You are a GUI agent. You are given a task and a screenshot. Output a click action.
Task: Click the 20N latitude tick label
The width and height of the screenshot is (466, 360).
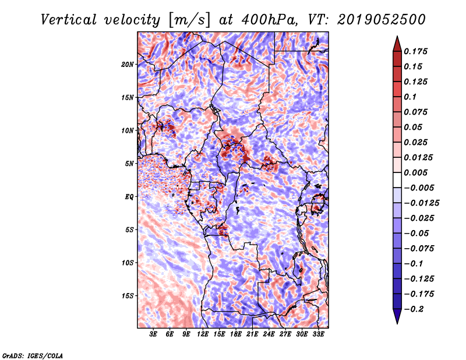tap(128, 65)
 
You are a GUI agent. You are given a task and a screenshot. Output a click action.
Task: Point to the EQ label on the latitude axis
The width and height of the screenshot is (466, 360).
tap(129, 197)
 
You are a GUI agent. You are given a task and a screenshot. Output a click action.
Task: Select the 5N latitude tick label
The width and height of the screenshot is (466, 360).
tap(129, 164)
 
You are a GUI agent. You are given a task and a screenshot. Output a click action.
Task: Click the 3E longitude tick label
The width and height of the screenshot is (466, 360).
tap(153, 334)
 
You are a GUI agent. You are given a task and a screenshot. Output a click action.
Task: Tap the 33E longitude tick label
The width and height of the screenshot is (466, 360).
tap(318, 334)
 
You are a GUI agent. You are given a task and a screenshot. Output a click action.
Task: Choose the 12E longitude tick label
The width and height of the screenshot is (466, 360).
tap(202, 334)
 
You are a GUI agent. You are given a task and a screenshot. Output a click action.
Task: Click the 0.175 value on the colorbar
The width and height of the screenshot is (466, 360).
tap(415, 51)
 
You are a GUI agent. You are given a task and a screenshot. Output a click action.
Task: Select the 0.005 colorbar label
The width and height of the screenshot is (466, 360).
tap(415, 172)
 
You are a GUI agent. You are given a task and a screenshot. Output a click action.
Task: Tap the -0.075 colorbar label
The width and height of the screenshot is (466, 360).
tap(419, 249)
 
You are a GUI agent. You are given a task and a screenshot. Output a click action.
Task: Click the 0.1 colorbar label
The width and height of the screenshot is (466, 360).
tap(410, 97)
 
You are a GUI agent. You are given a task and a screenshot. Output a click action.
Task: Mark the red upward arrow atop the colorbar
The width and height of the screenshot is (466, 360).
tap(397, 44)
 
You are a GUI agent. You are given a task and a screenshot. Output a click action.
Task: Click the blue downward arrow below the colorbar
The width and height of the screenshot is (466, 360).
tap(397, 316)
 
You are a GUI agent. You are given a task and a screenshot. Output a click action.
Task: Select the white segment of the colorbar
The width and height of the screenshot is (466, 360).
tap(397, 180)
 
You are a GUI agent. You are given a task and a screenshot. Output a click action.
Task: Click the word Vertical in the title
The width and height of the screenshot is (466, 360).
tap(69, 20)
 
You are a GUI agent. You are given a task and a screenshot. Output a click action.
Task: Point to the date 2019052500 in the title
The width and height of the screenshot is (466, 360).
tap(382, 20)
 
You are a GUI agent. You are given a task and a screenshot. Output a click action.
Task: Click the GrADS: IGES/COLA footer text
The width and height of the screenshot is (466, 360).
tap(33, 355)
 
